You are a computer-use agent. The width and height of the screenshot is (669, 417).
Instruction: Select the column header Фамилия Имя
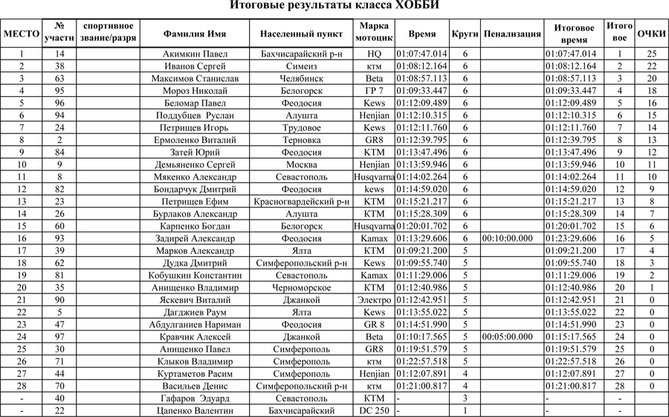[x=195, y=34]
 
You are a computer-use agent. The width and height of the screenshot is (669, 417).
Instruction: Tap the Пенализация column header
[x=511, y=34]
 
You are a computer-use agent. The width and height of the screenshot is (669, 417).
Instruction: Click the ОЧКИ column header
[x=651, y=34]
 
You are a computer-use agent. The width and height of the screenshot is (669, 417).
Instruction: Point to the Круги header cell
[x=465, y=34]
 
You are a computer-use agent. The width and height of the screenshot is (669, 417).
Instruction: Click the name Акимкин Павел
[x=195, y=54]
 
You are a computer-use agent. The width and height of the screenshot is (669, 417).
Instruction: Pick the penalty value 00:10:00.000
[x=511, y=238]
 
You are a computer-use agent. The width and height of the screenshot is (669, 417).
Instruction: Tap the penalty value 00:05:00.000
[x=511, y=337]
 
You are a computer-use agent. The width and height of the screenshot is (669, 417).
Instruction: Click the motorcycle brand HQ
[x=374, y=54]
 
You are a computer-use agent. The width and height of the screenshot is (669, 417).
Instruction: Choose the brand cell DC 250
[x=374, y=410]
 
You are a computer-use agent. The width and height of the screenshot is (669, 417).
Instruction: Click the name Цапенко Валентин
[x=195, y=410]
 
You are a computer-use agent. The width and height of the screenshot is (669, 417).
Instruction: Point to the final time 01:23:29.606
[x=571, y=238]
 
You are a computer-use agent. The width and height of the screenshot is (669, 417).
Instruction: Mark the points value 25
[x=651, y=54]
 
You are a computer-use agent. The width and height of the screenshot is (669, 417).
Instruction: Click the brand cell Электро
[x=374, y=300]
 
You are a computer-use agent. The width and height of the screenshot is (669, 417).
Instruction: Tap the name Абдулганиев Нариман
[x=195, y=325]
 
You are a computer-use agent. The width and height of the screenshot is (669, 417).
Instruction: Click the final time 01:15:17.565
[x=571, y=337]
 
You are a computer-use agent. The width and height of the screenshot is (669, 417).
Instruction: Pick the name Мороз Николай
[x=195, y=91]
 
